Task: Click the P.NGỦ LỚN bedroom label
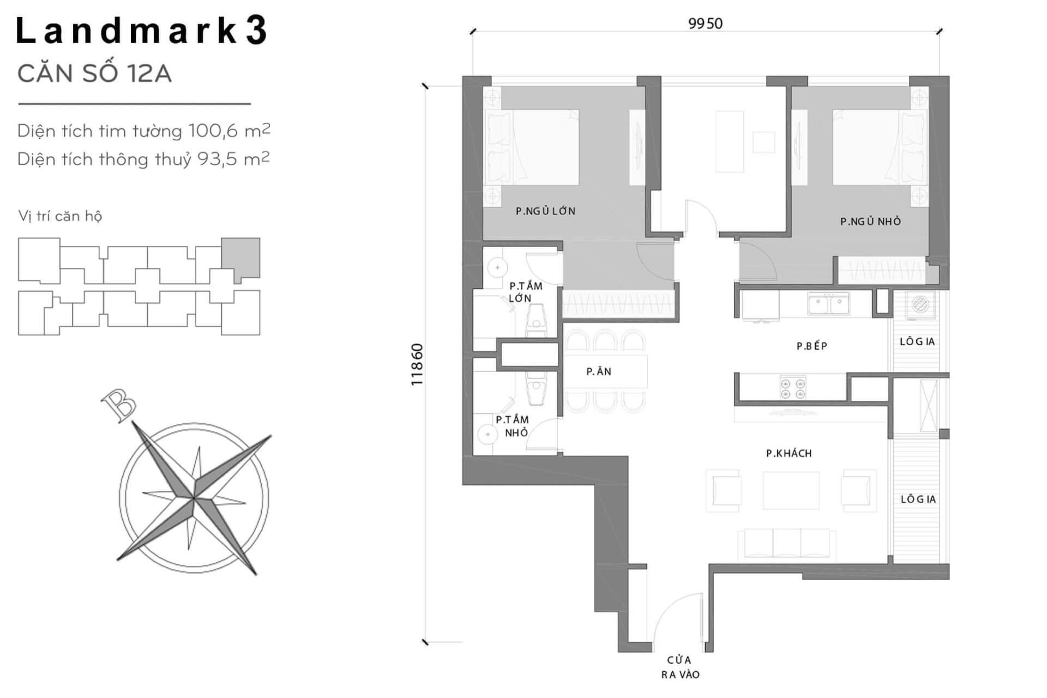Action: click(x=546, y=211)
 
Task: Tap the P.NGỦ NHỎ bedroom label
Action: click(x=870, y=221)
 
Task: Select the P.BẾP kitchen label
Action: click(x=812, y=346)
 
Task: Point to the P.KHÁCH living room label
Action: click(x=789, y=453)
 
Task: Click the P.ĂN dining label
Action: click(x=599, y=371)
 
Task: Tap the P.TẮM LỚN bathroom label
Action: click(x=525, y=292)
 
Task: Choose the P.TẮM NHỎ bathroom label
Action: click(x=512, y=426)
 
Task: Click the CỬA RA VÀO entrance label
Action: click(x=680, y=667)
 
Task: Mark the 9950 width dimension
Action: click(x=706, y=23)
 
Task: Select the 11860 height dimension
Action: click(x=417, y=364)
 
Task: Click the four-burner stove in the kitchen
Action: click(x=793, y=388)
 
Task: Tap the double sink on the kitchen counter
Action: click(x=829, y=304)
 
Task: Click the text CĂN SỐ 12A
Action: click(x=95, y=74)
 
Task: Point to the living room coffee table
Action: click(x=791, y=490)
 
